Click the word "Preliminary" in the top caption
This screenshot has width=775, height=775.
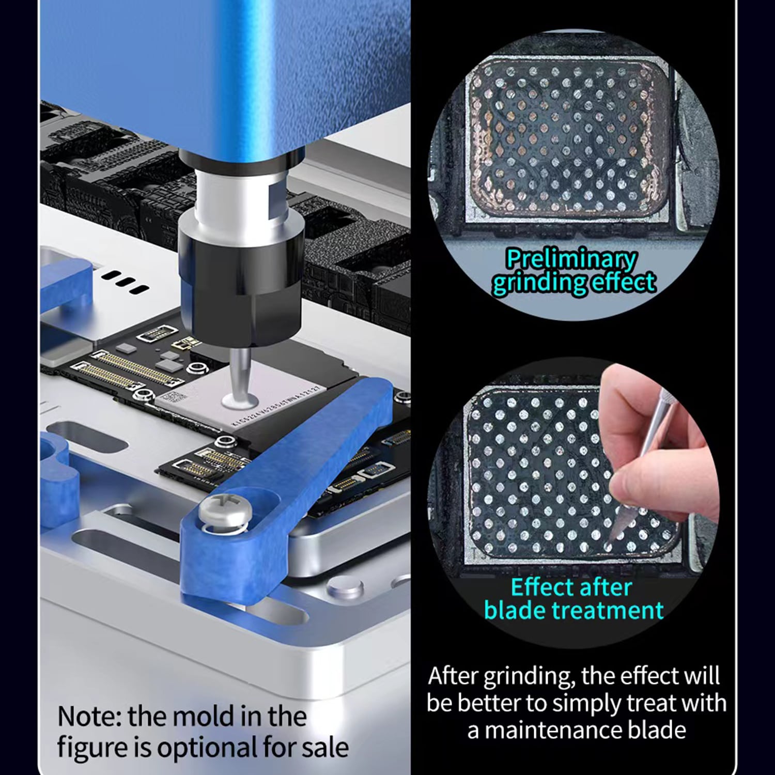571,258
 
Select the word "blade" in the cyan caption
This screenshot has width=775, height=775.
515,610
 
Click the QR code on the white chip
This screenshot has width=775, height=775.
172,399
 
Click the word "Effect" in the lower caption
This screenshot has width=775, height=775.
542,587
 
